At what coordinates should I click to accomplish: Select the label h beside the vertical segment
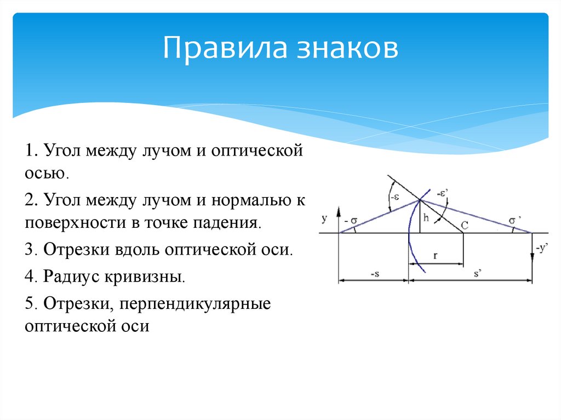425,218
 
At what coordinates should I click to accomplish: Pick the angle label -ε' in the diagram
443,193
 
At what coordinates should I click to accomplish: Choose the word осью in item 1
45,174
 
